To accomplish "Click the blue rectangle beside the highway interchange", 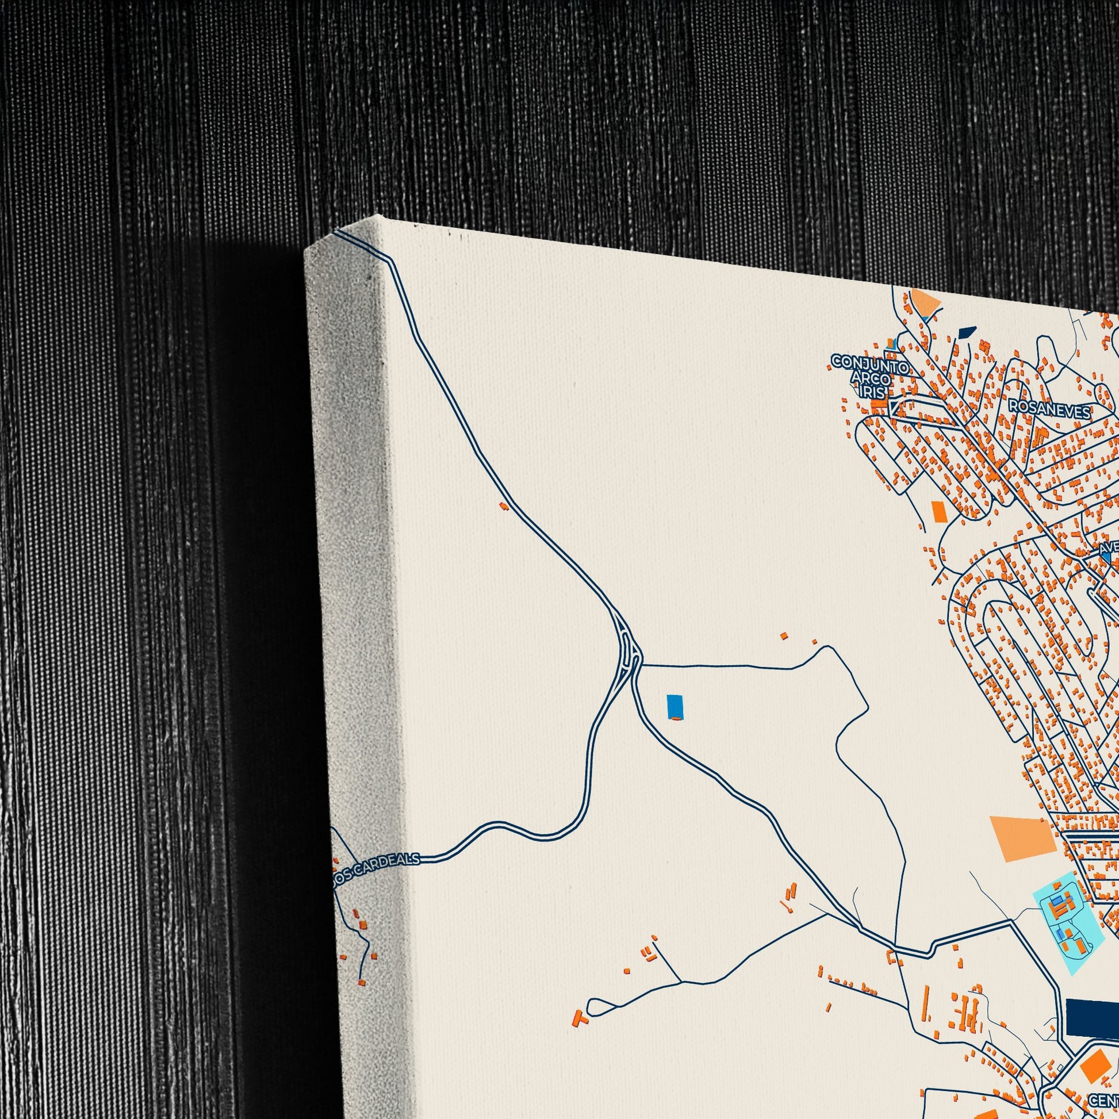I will pyautogui.click(x=674, y=706).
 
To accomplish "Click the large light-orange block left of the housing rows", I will pyautogui.click(x=1022, y=838).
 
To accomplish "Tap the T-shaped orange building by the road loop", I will pyautogui.click(x=580, y=1017).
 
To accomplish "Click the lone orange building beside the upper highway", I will pyautogui.click(x=504, y=505).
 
